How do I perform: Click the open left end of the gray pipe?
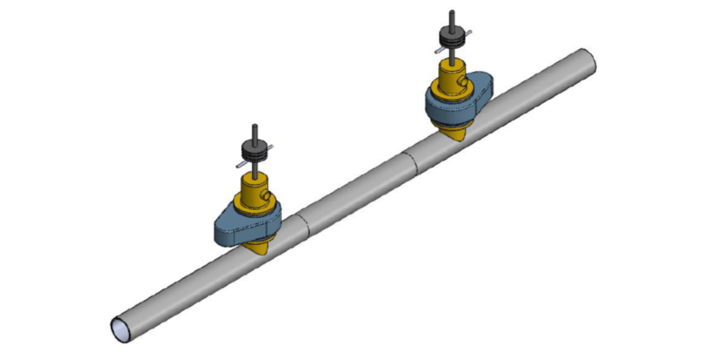tap(121, 329)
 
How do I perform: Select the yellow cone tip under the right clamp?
tap(456, 136)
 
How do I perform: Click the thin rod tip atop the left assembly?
tap(255, 127)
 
